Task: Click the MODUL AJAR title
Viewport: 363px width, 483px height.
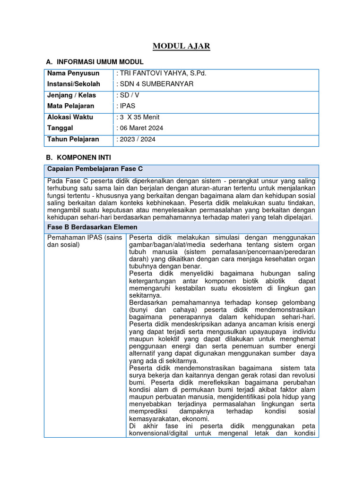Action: [x=181, y=46]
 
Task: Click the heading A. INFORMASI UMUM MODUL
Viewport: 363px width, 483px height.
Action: [x=95, y=62]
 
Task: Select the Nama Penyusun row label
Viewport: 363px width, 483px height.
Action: [x=73, y=73]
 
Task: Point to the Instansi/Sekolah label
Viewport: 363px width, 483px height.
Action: [x=74, y=84]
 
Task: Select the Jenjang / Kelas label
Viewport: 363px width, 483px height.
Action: [x=71, y=95]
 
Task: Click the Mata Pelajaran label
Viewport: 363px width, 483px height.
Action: [x=71, y=106]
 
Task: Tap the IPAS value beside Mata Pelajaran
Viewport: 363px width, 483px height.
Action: [x=127, y=106]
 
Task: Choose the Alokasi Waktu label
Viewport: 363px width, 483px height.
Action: [x=70, y=117]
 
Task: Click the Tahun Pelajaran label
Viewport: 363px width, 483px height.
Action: [x=73, y=139]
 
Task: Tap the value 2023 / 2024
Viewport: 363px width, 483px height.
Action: [x=136, y=139]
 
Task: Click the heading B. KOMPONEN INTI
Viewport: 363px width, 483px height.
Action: [x=78, y=157]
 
